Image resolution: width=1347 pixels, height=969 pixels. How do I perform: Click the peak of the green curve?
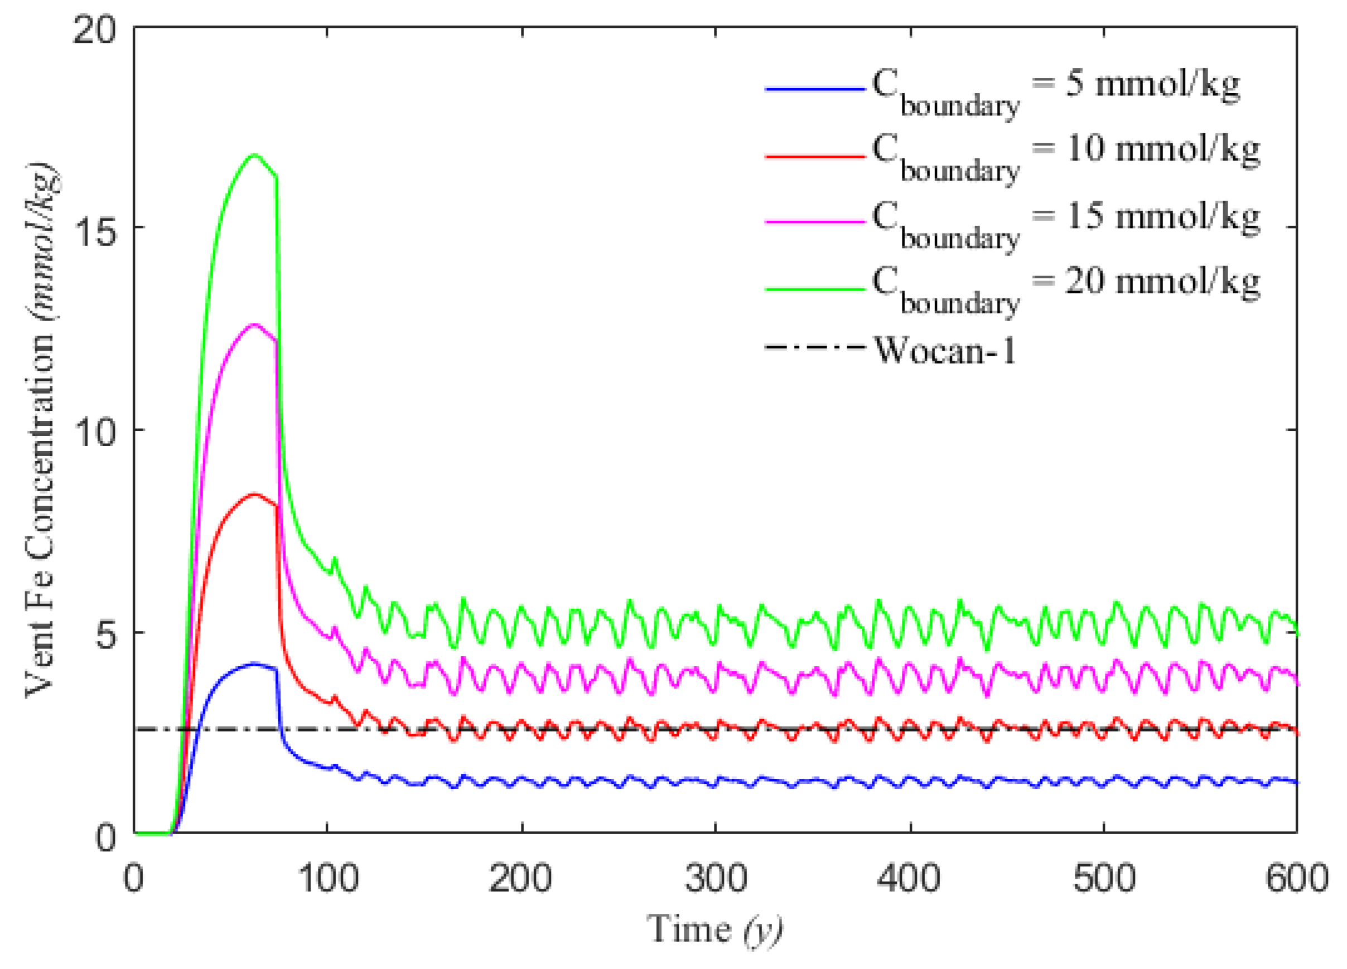[255, 155]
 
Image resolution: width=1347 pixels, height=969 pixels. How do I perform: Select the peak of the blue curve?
[254, 663]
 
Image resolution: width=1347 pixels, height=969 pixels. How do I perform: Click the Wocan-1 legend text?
[944, 350]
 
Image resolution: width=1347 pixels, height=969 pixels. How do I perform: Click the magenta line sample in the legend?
[814, 221]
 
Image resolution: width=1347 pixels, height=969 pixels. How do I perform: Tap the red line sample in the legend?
[814, 156]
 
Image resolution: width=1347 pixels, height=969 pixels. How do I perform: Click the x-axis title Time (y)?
[714, 930]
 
